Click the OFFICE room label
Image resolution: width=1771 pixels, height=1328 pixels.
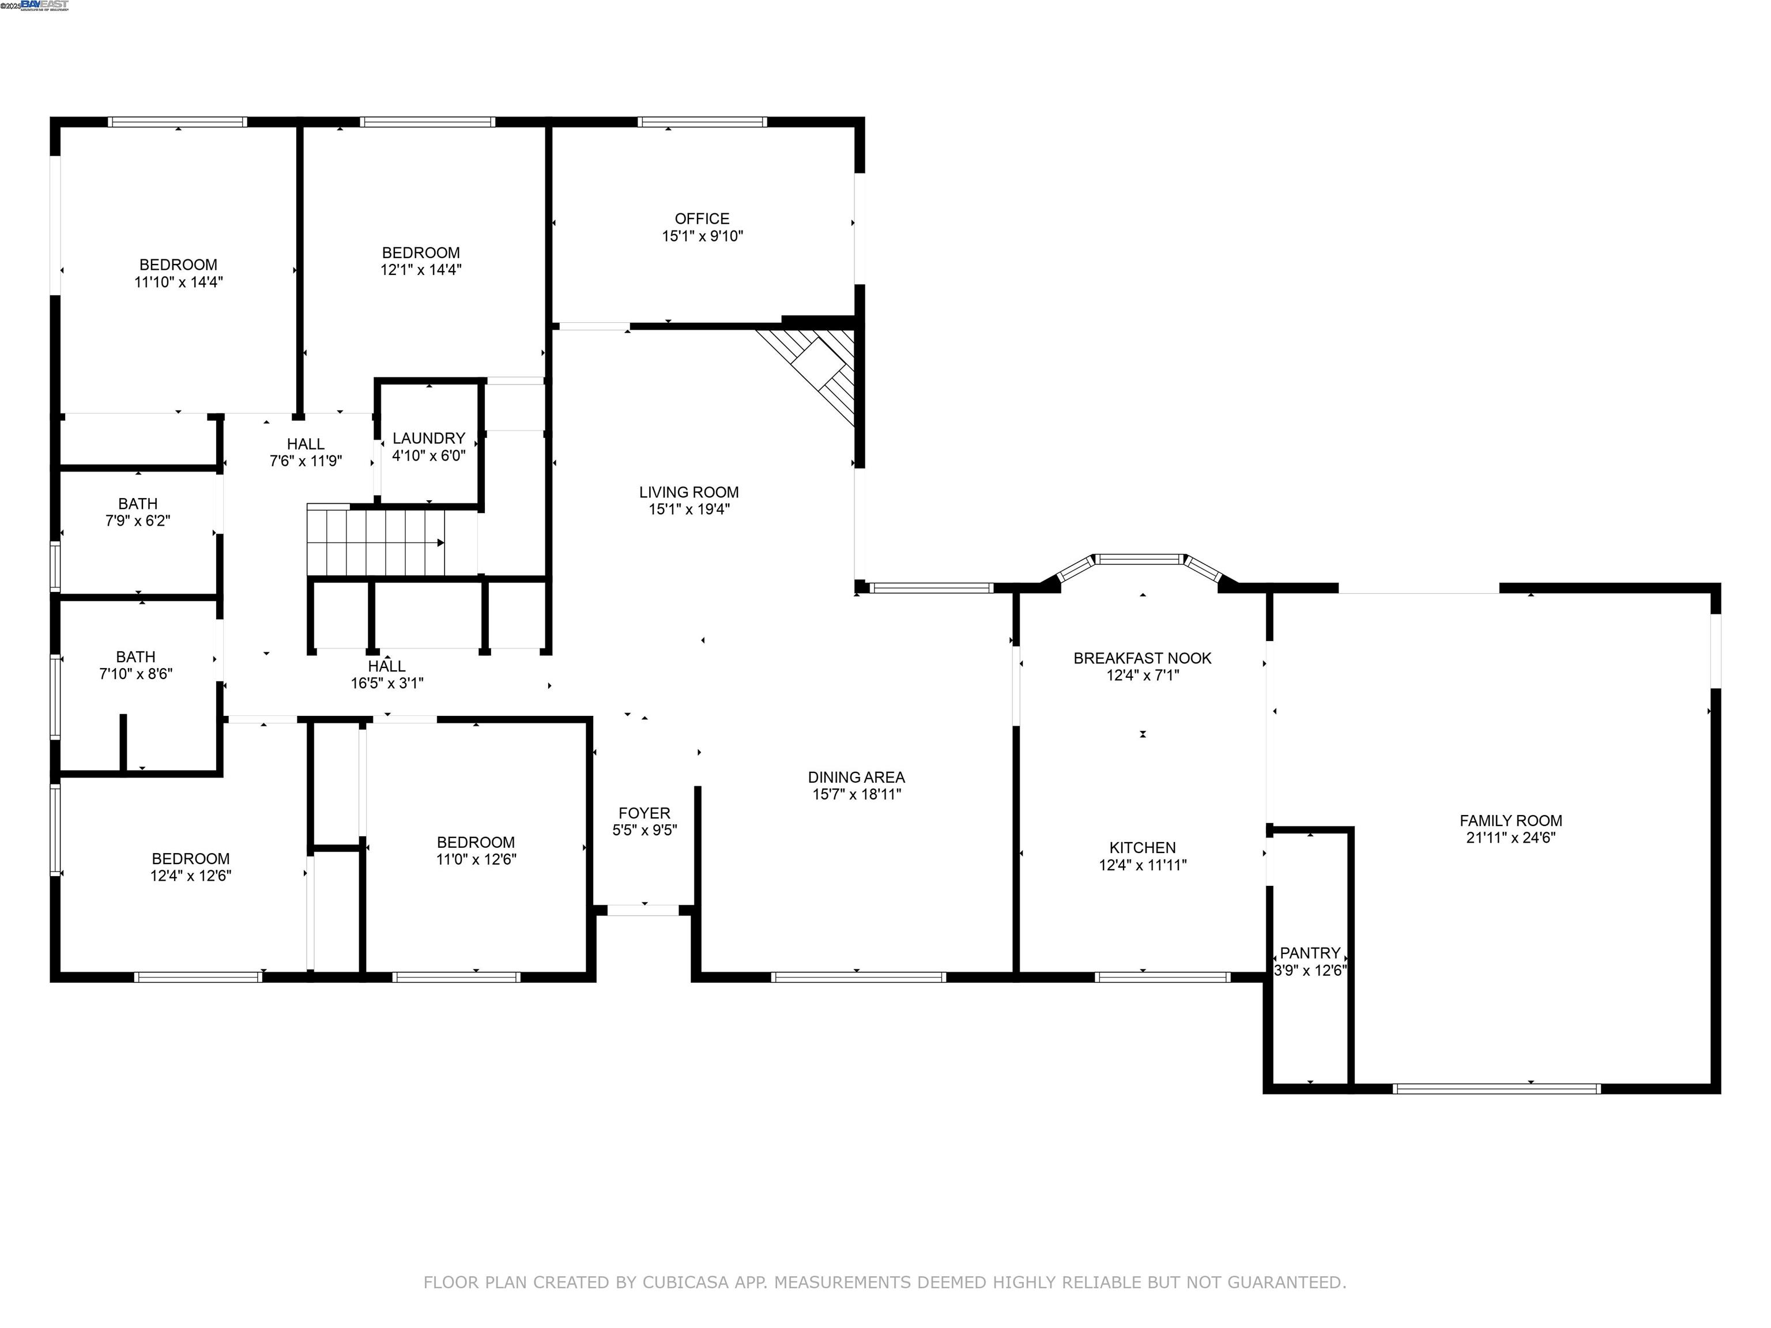[x=702, y=218]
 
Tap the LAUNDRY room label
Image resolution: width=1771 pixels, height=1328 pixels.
[x=428, y=438]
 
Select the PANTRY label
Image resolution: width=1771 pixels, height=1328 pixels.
[x=1310, y=953]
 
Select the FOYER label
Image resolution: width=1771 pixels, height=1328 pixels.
[x=644, y=813]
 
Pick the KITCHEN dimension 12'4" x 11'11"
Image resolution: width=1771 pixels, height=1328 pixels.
[x=1143, y=865]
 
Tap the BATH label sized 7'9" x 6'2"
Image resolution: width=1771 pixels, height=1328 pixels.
[x=138, y=504]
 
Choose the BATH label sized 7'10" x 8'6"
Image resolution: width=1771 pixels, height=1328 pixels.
[x=135, y=657]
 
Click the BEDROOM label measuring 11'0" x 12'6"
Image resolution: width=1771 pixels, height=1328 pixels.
[x=476, y=842]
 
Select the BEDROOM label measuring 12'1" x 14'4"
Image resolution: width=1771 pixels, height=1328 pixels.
[x=420, y=253]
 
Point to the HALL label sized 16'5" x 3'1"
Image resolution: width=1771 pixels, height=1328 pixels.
[x=387, y=666]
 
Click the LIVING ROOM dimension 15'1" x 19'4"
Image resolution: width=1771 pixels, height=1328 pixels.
[x=688, y=509]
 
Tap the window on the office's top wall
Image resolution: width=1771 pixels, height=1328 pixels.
[x=702, y=122]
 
